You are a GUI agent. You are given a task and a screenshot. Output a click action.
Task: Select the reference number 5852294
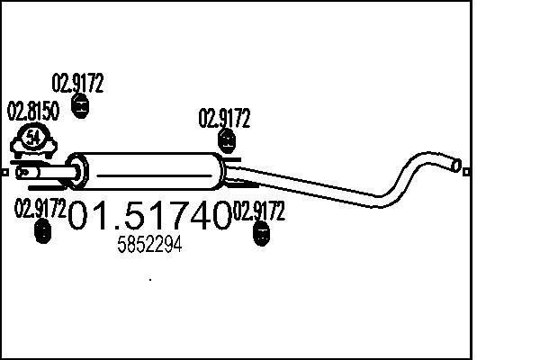tap(150, 245)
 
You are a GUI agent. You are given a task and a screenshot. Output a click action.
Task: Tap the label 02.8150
tap(33, 112)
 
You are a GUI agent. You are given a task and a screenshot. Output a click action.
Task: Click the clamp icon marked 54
tap(34, 139)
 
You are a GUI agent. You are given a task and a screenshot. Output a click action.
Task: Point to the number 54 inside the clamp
tap(34, 138)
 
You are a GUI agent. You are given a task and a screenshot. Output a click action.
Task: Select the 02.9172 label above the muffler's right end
tap(224, 119)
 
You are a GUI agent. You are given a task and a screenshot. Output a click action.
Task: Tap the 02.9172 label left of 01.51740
tap(40, 210)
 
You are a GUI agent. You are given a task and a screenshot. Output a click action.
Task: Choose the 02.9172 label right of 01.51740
tap(259, 212)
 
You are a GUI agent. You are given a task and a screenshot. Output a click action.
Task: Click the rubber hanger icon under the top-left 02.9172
tap(79, 109)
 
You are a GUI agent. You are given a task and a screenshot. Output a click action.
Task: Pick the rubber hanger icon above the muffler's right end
tap(228, 140)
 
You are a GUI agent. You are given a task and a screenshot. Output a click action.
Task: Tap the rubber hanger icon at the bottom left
tap(41, 232)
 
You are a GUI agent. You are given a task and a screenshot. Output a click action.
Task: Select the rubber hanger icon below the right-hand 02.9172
tap(262, 235)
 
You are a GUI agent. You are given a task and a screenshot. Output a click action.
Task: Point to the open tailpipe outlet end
tap(456, 166)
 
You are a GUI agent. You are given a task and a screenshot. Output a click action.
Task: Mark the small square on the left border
tap(4, 171)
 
